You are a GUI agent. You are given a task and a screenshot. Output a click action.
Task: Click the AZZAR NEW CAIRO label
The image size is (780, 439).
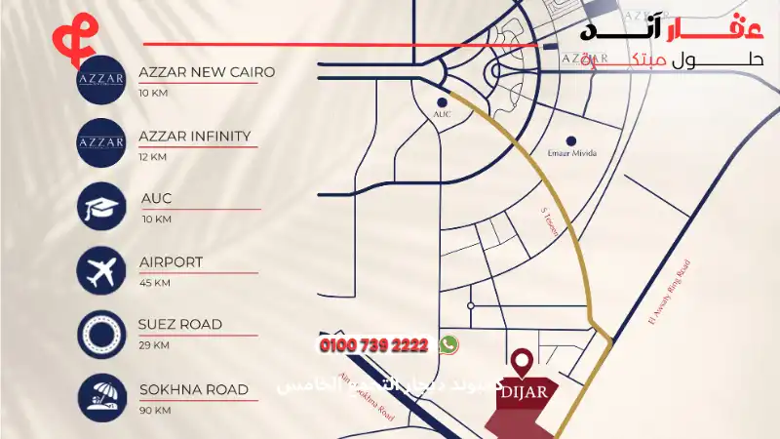pyautogui.click(x=207, y=72)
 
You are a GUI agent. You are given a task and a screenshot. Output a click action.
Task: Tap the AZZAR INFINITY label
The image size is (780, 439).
pyautogui.click(x=195, y=136)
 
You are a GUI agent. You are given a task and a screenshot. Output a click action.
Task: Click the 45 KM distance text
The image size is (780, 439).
pyautogui.click(x=155, y=283)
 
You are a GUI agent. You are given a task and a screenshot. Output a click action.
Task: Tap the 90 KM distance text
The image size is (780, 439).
pyautogui.click(x=154, y=410)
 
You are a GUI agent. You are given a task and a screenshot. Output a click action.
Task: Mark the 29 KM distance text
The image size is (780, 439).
pyautogui.click(x=154, y=345)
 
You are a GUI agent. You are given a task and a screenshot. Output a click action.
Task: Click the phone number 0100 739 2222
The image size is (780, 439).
pyautogui.click(x=373, y=345)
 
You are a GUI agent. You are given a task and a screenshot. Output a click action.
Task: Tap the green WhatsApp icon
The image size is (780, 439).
pyautogui.click(x=448, y=344)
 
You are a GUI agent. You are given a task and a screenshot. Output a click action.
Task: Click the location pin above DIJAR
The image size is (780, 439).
pyautogui.click(x=524, y=364)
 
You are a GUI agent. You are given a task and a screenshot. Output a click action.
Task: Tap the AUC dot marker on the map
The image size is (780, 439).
pyautogui.click(x=442, y=101)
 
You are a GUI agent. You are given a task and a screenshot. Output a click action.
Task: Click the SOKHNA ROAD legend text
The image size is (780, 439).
pyautogui.click(x=193, y=389)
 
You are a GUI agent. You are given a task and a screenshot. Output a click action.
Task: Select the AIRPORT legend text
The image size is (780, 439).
pyautogui.click(x=171, y=261)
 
